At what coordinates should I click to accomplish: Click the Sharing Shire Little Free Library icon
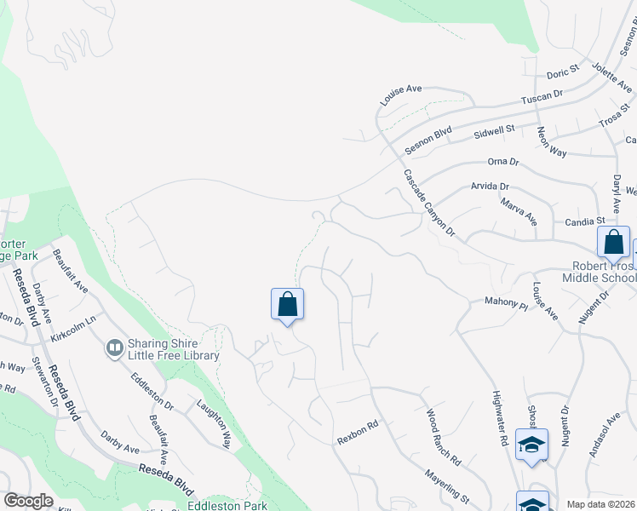click(114, 347)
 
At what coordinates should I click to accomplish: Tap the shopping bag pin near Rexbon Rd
click(287, 304)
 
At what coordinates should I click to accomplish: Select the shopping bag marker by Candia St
click(613, 242)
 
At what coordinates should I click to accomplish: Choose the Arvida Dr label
click(490, 186)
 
